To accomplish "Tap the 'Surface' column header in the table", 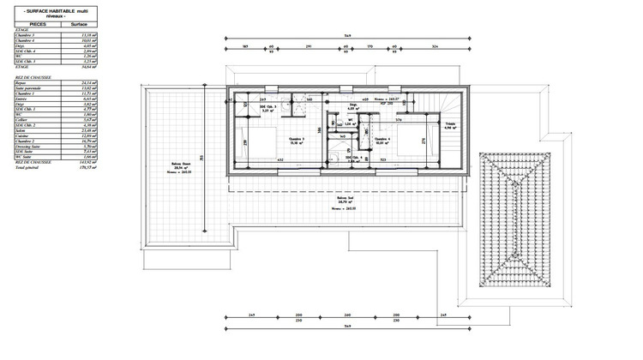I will tap(80, 24).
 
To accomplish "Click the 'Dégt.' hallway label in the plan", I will tap(352, 106).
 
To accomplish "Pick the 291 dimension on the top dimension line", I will tap(306, 48).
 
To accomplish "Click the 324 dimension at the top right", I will tap(435, 48).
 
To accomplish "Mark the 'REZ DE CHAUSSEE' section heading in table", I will tap(34, 75).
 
